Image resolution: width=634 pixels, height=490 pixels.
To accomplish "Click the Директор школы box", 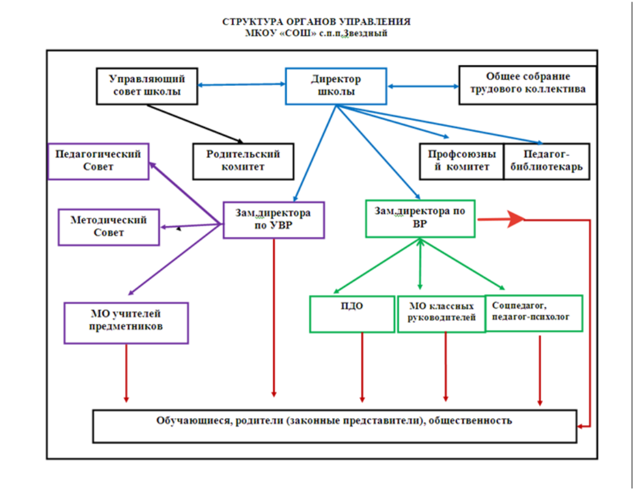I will (x=336, y=86).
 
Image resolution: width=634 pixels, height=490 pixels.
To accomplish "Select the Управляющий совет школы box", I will (x=147, y=86).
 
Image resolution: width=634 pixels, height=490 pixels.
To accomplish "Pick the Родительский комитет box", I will (x=243, y=161).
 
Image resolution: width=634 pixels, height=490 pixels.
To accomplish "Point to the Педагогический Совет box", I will (x=98, y=160).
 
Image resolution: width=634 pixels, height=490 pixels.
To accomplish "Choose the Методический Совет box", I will (x=108, y=227).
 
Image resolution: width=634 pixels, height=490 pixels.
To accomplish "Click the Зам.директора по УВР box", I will (x=273, y=220).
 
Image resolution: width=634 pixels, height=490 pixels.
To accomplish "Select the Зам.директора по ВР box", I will (x=420, y=218).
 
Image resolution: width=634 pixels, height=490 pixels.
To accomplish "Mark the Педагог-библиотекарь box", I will (x=546, y=161).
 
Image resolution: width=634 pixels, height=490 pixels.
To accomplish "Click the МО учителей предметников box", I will (x=126, y=322).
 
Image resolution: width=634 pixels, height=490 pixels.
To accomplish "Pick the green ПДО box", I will (x=352, y=314).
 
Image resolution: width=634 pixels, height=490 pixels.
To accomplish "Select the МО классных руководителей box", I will (x=440, y=314).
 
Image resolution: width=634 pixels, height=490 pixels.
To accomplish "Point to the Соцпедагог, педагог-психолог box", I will (x=534, y=313).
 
